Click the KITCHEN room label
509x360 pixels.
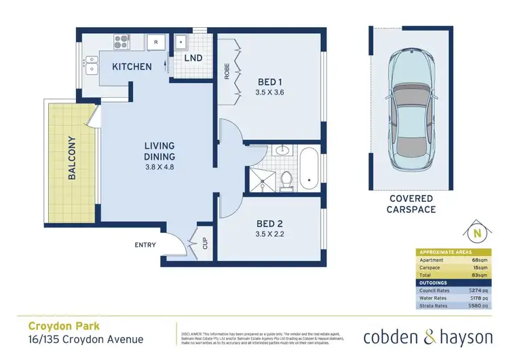(132, 67)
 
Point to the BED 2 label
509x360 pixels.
(270, 224)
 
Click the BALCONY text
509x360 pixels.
(72, 158)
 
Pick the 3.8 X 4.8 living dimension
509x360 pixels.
(160, 168)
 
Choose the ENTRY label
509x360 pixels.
(146, 245)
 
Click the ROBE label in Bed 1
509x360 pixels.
(227, 71)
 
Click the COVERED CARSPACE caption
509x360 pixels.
(412, 204)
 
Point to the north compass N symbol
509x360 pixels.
(477, 234)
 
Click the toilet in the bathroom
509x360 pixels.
(287, 179)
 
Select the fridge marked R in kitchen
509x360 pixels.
(155, 41)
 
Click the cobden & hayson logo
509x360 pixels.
(429, 337)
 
